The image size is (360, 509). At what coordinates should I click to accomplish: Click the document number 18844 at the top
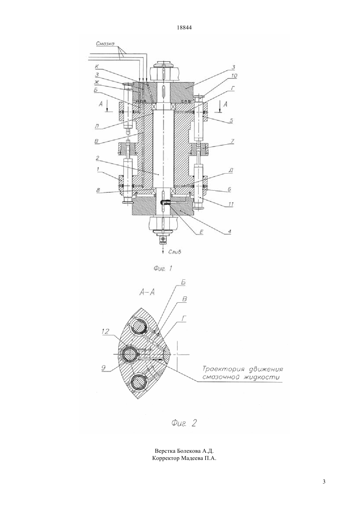(x=184, y=27)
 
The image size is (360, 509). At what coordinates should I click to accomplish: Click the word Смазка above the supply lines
(x=105, y=44)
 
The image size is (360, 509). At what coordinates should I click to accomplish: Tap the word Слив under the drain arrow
(x=175, y=252)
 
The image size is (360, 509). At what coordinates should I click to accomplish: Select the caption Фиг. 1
(x=163, y=269)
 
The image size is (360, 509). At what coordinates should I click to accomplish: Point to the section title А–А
(x=147, y=292)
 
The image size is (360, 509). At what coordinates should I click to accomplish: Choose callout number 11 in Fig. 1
(x=231, y=204)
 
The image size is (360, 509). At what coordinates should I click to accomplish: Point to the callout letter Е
(x=201, y=232)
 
